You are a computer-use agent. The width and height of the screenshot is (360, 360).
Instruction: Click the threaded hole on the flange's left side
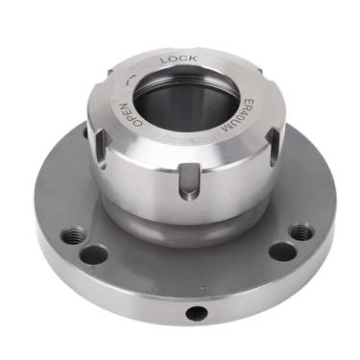(72, 234)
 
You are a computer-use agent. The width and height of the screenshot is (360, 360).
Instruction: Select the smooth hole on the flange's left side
(93, 254)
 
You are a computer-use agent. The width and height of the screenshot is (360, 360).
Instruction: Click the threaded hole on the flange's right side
(300, 232)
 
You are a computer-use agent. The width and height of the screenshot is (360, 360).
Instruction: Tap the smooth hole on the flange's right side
(281, 252)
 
